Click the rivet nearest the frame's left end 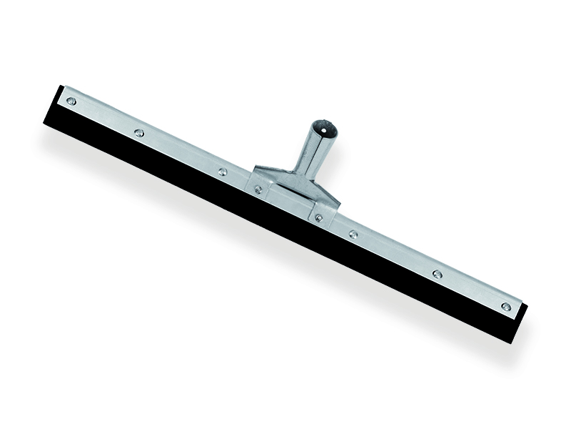(x=71, y=101)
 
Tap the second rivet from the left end (x=139, y=132)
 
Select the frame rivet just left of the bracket (x=222, y=172)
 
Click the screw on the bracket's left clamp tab (x=258, y=189)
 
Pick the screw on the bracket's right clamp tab (x=318, y=217)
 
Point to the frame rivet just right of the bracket (x=353, y=233)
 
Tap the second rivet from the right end (x=437, y=273)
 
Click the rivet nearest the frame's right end (x=505, y=306)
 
